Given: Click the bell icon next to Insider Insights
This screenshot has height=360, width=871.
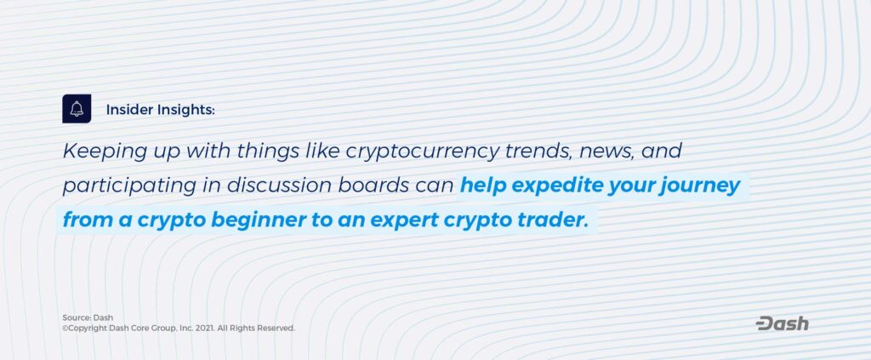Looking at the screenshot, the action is [x=77, y=109].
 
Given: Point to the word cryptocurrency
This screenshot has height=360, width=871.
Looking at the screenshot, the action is [x=423, y=152].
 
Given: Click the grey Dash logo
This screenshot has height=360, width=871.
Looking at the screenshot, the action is [x=783, y=324].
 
